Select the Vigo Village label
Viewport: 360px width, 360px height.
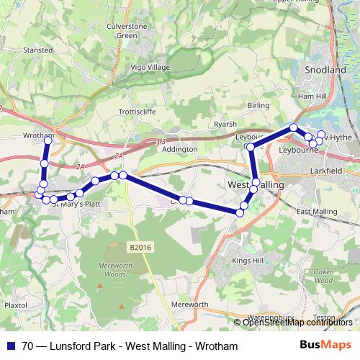[x=149, y=67]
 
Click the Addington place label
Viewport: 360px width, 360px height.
[x=180, y=149]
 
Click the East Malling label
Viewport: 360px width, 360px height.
[x=317, y=212]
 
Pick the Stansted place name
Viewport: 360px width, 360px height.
[x=37, y=50]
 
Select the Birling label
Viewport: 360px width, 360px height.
[x=258, y=105]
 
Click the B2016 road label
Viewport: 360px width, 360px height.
[x=142, y=247]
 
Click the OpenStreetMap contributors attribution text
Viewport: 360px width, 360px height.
[x=297, y=323]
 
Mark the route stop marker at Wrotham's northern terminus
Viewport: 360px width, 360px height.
[x=48, y=140]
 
